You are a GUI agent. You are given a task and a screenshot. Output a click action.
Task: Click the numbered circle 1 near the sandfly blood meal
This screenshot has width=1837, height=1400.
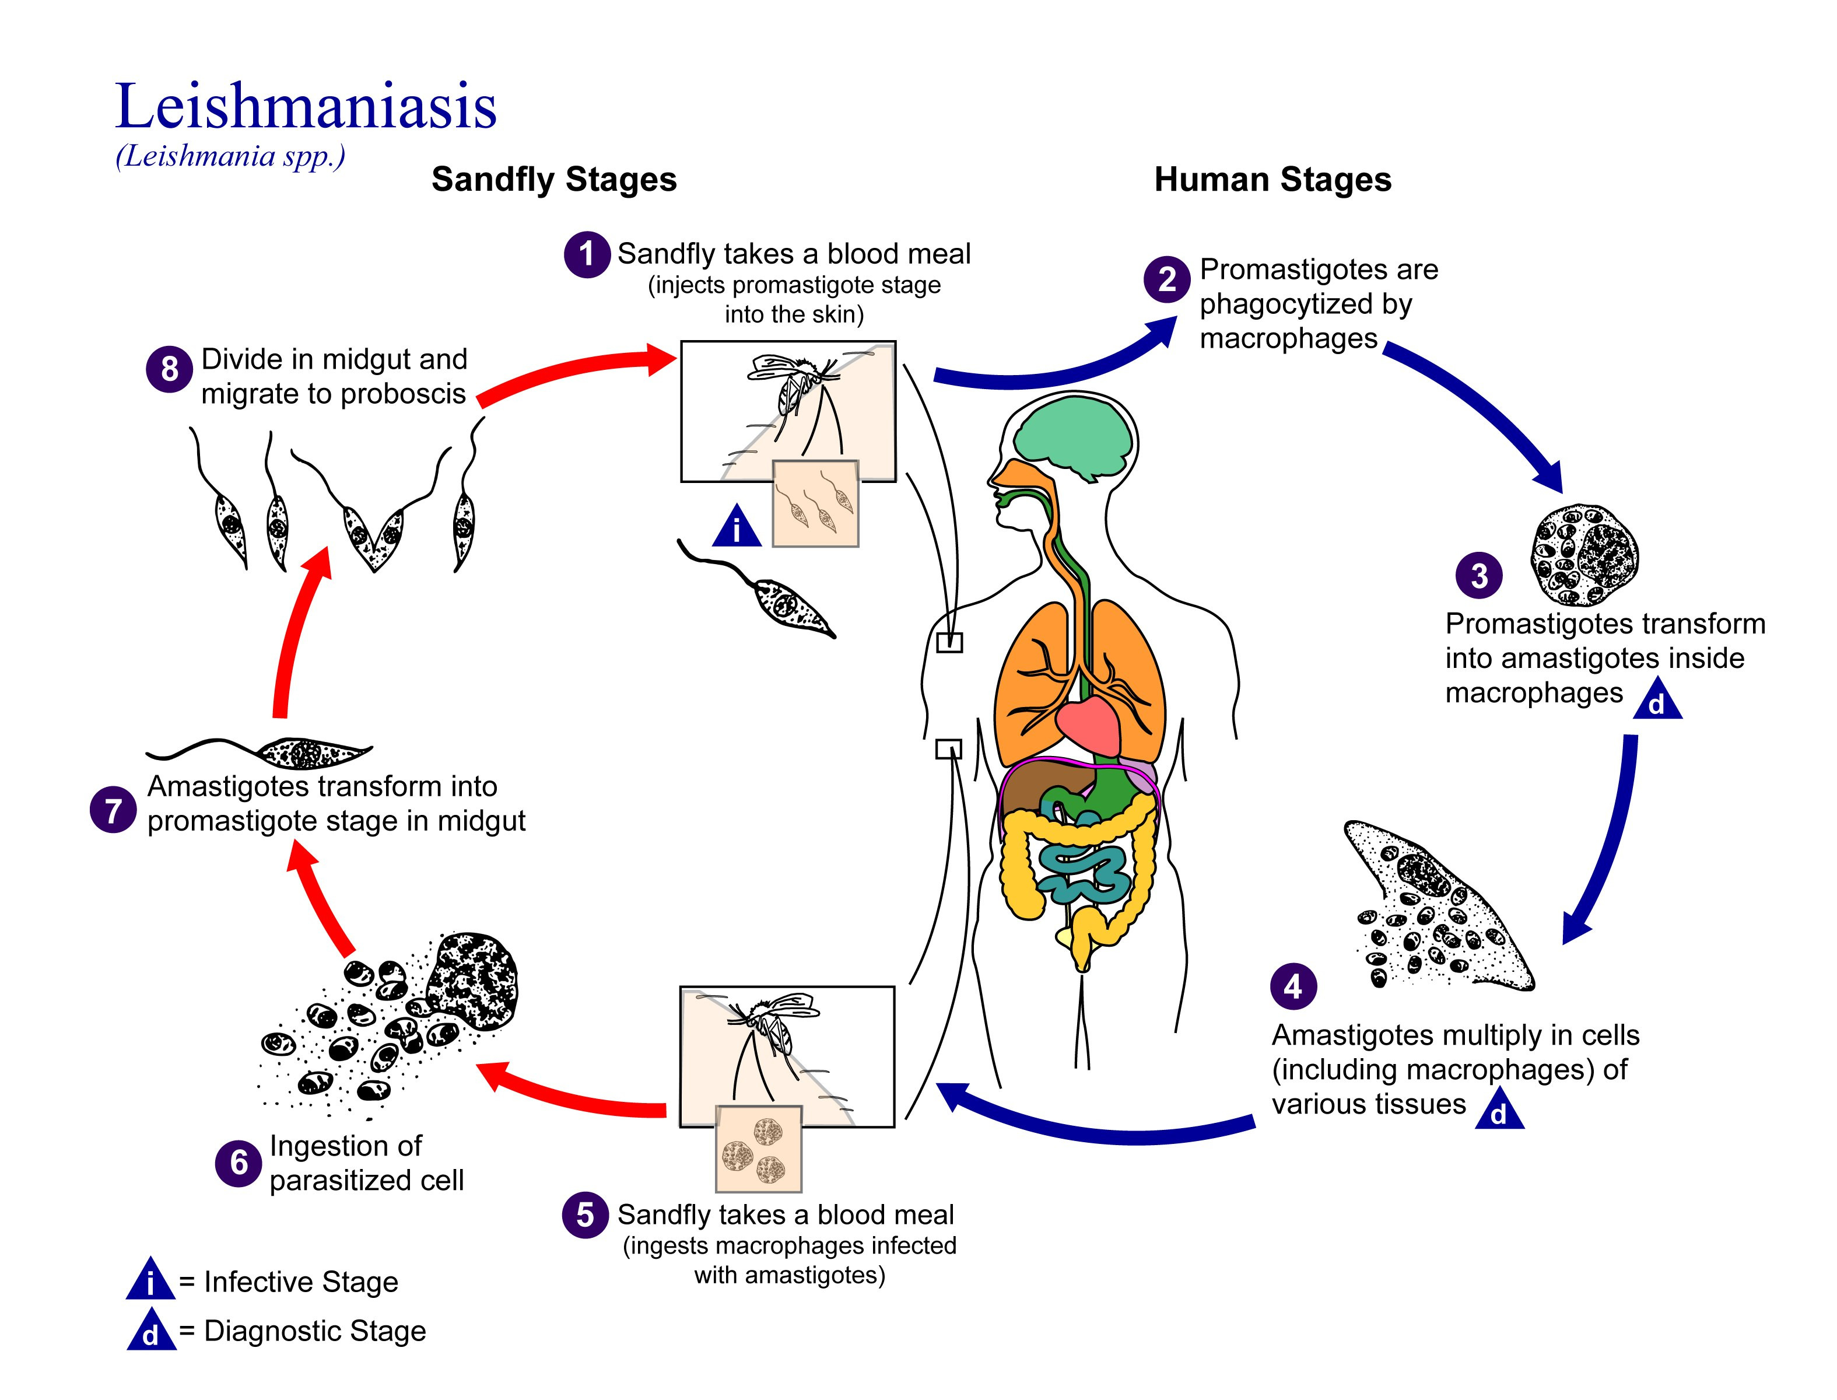(x=587, y=254)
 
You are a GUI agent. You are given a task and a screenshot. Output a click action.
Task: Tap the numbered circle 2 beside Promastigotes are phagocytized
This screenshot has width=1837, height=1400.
(x=1167, y=279)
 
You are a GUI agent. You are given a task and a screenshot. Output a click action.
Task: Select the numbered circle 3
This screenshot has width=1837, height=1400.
(x=1479, y=575)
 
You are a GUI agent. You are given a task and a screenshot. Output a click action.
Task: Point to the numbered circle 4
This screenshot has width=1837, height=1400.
(x=1293, y=986)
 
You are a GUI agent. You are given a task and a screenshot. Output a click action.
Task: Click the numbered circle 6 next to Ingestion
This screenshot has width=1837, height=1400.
(x=239, y=1163)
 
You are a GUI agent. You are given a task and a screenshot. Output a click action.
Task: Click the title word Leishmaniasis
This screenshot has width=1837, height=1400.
(x=306, y=107)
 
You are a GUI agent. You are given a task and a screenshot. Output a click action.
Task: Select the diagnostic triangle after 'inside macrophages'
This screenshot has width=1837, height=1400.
(x=1656, y=702)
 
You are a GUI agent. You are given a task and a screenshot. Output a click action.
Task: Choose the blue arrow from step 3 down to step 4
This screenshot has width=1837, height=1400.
(x=1612, y=842)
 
